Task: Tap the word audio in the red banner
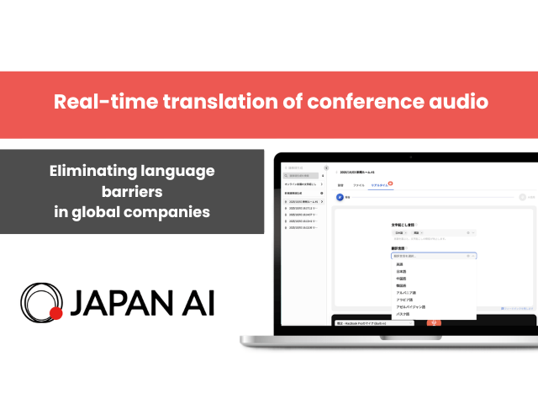462,103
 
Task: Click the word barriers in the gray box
132,191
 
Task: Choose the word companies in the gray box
169,211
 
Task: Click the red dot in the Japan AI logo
56,314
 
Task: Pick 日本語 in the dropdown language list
402,271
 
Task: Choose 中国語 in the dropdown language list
402,279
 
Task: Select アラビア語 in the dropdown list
405,300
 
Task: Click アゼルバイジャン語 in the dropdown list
409,307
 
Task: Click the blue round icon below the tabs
340,197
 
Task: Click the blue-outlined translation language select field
433,255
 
